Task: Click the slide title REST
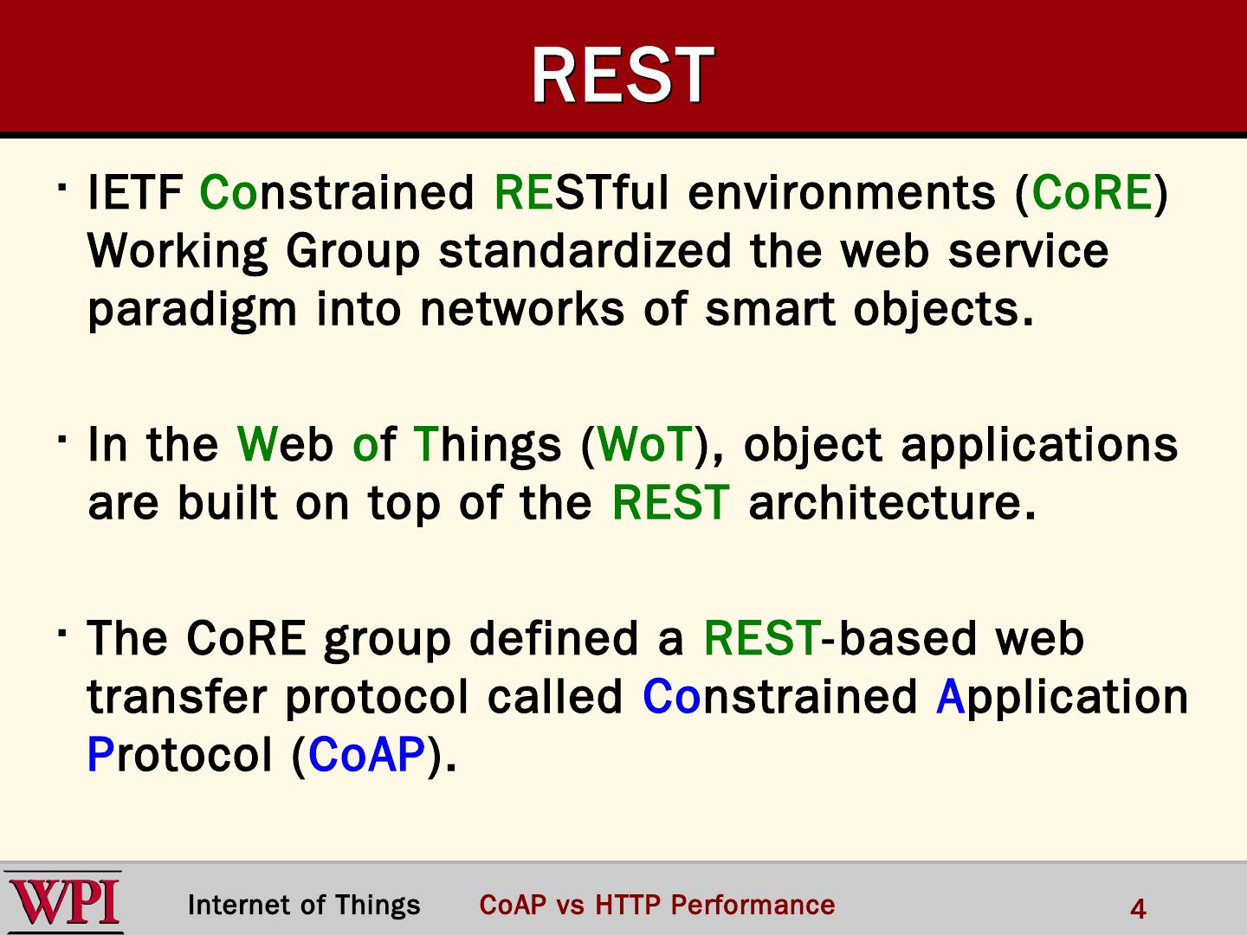coord(623,74)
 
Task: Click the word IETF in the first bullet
coord(135,192)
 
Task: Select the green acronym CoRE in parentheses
coord(1091,192)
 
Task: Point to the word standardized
coord(585,250)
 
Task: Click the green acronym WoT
coord(645,444)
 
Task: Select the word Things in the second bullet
coord(487,446)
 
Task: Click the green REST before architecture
coord(670,502)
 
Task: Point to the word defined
coord(553,639)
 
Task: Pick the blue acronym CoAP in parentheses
coord(366,755)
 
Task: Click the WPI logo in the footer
coord(63,901)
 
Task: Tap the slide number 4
coord(1138,909)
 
